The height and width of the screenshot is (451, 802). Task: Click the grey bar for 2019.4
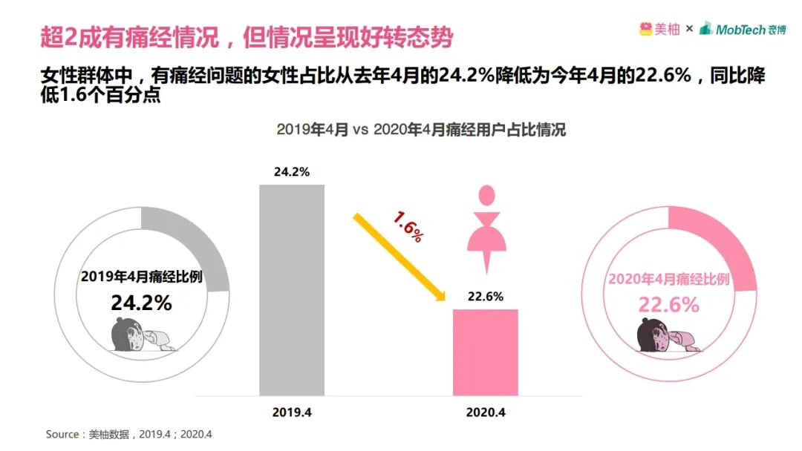pos(292,289)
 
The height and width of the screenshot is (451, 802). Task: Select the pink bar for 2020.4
pos(486,352)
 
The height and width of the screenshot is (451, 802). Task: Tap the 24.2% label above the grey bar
pos(292,172)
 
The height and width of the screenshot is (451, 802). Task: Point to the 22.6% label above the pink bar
pos(486,297)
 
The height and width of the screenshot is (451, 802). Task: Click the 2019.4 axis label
pos(292,412)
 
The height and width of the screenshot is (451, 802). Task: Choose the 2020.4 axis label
pos(486,412)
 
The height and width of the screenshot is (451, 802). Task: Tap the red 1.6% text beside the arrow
pos(408,226)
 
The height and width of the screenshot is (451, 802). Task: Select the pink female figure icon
pos(486,226)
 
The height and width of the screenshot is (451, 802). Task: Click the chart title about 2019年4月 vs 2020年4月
pos(421,130)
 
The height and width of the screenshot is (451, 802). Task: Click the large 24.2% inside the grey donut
pos(142,303)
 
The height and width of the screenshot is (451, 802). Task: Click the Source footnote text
pos(129,434)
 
